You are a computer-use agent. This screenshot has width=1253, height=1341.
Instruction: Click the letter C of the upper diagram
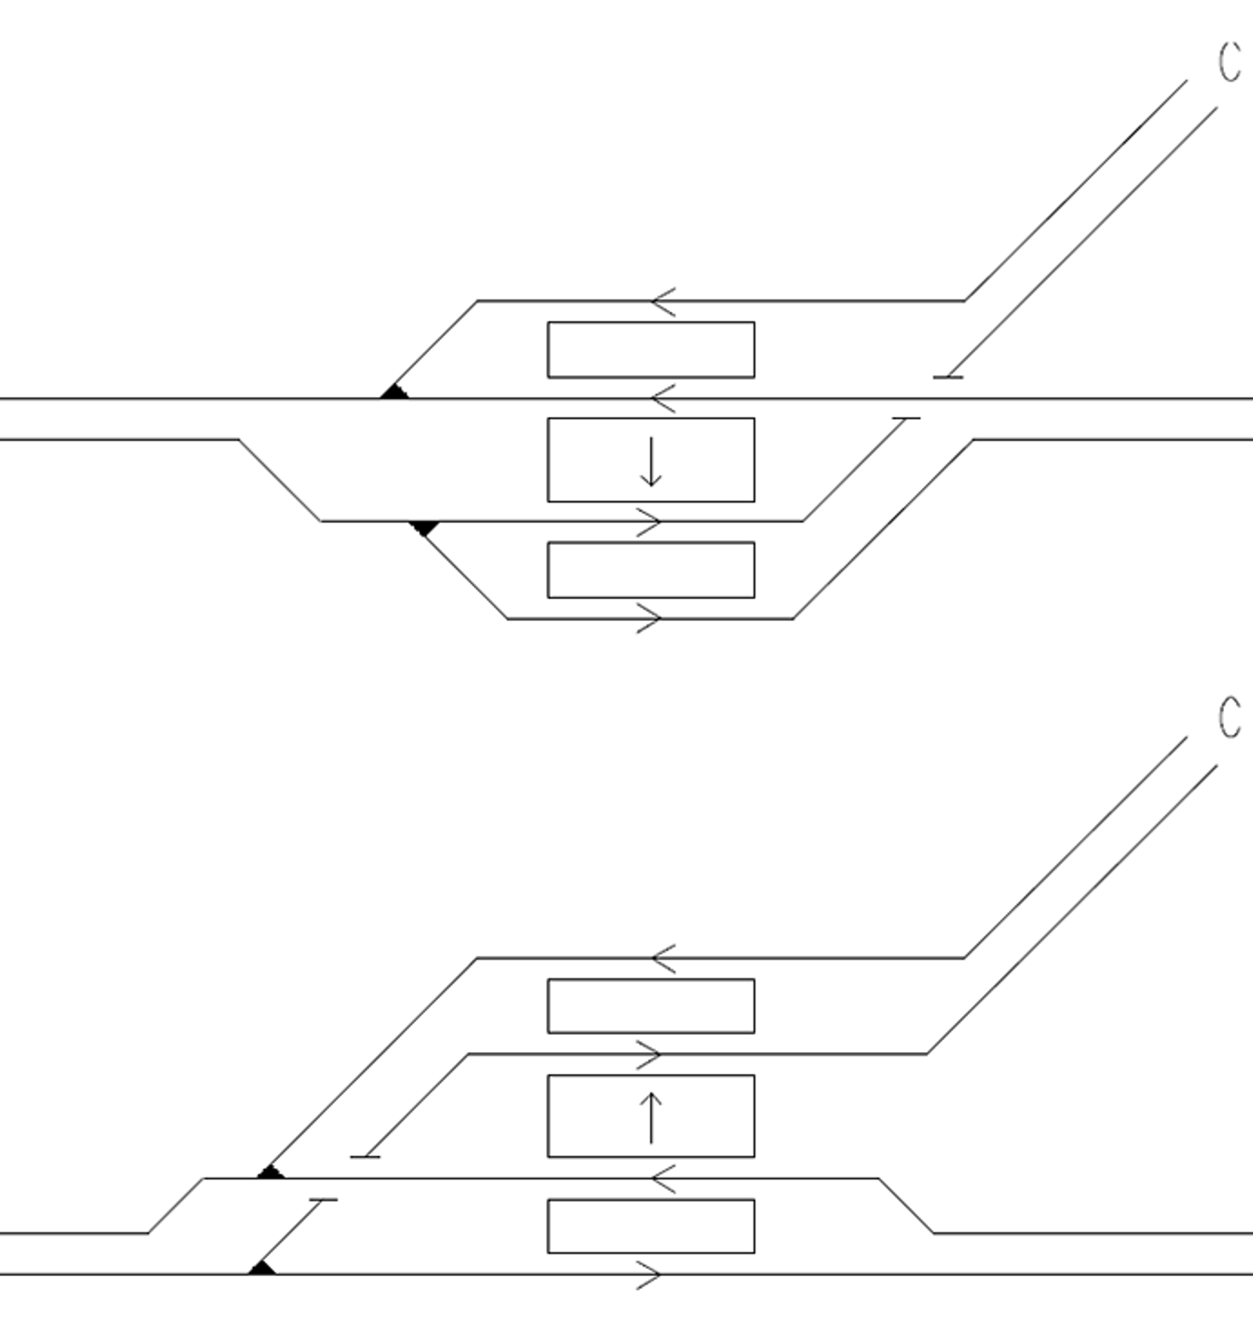pos(1230,62)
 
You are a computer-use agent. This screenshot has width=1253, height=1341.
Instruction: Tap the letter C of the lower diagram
pos(1230,717)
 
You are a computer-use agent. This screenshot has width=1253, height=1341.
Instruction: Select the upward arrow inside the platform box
pos(651,1118)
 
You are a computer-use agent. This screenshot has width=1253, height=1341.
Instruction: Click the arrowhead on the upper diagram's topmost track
pos(663,301)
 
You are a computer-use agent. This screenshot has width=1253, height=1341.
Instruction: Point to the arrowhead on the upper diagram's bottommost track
pos(649,618)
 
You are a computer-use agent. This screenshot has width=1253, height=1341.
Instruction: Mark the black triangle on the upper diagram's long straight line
pos(395,392)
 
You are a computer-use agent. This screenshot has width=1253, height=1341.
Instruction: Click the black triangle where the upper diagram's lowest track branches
pos(424,528)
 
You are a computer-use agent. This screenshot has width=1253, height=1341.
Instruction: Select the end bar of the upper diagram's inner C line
pos(948,378)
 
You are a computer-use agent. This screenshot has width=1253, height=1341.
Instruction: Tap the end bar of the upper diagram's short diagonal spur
pos(906,419)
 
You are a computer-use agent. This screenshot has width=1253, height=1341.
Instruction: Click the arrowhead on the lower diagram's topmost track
pos(663,958)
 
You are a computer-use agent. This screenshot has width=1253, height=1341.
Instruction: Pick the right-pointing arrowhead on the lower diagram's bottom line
pos(649,1274)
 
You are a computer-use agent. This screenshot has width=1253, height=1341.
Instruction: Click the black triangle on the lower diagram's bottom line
pos(262,1267)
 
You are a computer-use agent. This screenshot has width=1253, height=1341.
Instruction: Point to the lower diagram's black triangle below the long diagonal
pos(271,1172)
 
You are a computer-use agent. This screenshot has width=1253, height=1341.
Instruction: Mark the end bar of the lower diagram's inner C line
pos(365,1156)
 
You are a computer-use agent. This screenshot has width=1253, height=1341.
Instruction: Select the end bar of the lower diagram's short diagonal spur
pos(323,1199)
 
